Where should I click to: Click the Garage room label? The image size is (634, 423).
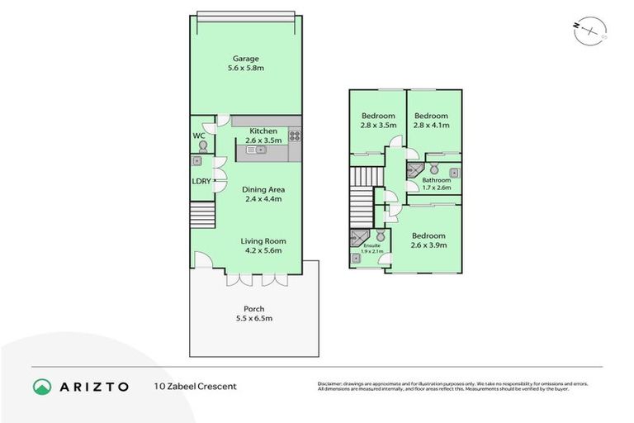pos(245,59)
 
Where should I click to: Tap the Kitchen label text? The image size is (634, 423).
pos(263,131)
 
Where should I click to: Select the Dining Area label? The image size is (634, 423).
pos(263,189)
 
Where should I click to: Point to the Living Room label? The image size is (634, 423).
pos(263,240)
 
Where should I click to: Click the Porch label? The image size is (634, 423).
pos(253,309)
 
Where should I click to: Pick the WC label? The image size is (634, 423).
pos(198,135)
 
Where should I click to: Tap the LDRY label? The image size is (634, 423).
pos(201,181)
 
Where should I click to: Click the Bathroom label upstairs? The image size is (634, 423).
pos(437,180)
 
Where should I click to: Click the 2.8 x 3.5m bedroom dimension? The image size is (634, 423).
pos(379,126)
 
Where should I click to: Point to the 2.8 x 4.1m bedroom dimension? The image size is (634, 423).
pos(431,126)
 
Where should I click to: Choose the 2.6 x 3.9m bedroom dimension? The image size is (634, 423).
pos(428,245)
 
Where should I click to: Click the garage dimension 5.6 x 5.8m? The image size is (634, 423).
pos(245,69)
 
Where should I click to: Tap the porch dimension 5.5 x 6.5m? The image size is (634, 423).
pos(253,318)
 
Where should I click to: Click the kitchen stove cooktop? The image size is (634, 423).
pos(294,135)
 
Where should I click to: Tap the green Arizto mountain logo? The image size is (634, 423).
pos(40,386)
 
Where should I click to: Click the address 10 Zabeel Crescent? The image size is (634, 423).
pos(195,386)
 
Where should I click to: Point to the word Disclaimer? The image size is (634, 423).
pos(332,383)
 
